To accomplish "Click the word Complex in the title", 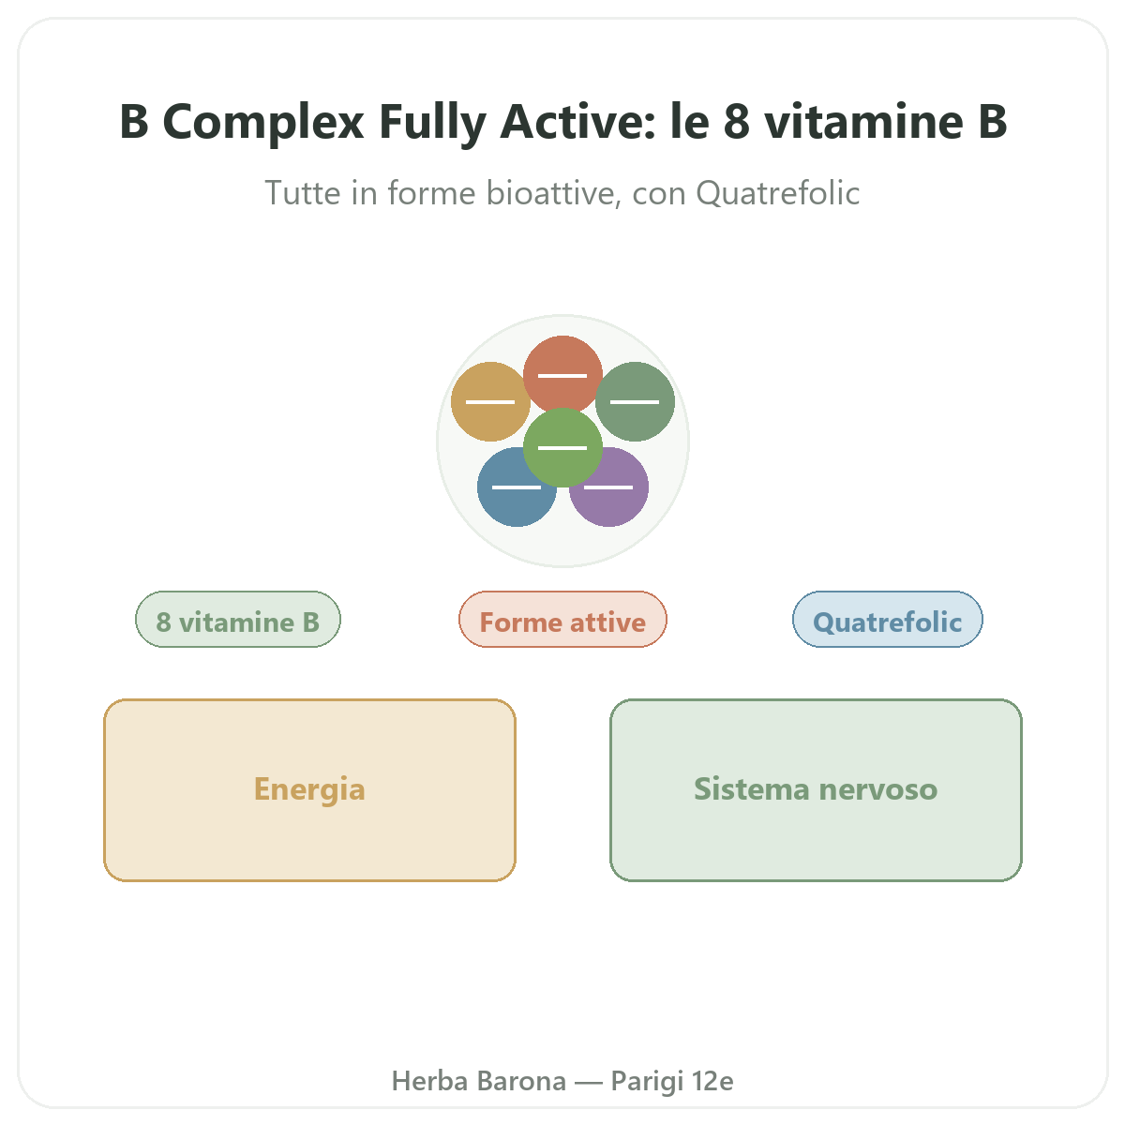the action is (x=263, y=122).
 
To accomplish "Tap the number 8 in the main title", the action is (x=736, y=122).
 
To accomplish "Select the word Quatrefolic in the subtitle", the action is (x=777, y=193).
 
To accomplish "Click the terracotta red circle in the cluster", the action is (x=562, y=375).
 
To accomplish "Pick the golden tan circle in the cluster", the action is (x=490, y=401).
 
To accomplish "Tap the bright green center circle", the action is (x=562, y=448).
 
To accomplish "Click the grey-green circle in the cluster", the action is (x=635, y=401).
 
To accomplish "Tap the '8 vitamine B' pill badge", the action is (x=237, y=620).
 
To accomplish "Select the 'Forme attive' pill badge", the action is (x=562, y=620).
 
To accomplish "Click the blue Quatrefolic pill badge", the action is (x=888, y=620).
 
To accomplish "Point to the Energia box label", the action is (x=309, y=789).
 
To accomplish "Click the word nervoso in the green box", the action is (x=878, y=789).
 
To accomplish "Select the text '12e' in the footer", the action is (x=712, y=1081).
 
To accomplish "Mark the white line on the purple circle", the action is (x=608, y=487).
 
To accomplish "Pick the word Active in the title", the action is (x=578, y=122).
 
